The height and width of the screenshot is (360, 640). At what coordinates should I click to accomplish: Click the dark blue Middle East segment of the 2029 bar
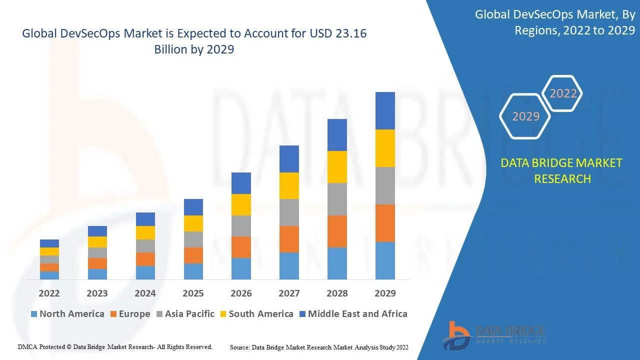click(385, 110)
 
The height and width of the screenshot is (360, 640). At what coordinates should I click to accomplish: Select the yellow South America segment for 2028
click(337, 167)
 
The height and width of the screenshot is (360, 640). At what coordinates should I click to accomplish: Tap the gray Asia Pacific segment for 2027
click(289, 212)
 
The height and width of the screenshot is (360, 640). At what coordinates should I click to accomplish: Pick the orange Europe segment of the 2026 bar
click(241, 247)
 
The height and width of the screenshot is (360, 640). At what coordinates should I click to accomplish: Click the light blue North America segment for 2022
click(49, 275)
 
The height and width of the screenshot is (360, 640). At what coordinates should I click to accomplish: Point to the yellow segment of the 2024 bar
click(145, 232)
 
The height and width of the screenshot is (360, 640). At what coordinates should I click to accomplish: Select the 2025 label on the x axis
click(193, 293)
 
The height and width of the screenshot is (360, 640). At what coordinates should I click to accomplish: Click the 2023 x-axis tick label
click(97, 293)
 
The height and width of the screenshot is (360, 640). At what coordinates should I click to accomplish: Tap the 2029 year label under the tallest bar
click(385, 293)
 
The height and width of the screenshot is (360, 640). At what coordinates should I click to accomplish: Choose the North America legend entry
click(67, 314)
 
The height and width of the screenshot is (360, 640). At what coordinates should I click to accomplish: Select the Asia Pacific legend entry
click(185, 314)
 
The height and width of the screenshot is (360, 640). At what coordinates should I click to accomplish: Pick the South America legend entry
click(256, 314)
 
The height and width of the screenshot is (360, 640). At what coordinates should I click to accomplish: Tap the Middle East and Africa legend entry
click(353, 314)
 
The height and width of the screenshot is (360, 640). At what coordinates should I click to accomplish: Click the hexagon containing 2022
click(563, 93)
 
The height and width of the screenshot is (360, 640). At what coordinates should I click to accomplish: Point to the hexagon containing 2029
click(525, 116)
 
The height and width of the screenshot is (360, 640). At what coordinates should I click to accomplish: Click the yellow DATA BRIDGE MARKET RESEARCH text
click(562, 171)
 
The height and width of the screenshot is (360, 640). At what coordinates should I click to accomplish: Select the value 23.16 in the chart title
click(352, 33)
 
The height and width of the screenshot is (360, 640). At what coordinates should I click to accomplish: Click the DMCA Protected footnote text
click(115, 346)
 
